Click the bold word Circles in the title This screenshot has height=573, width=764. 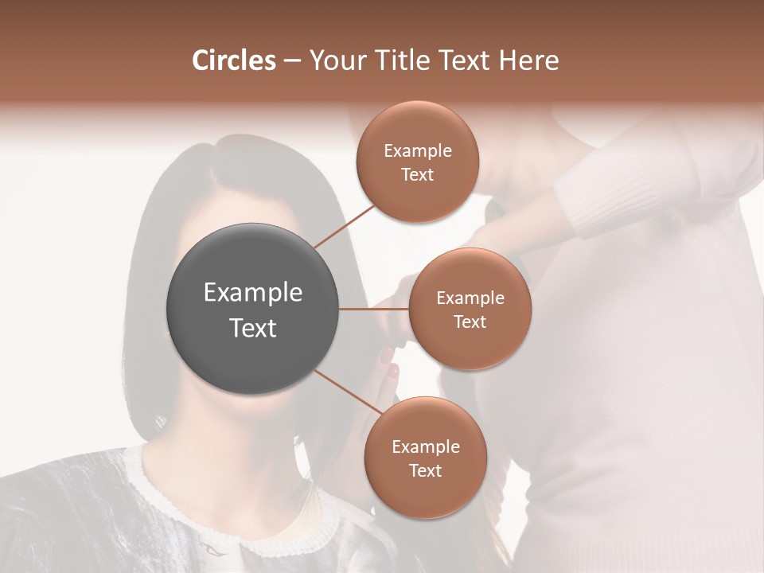tap(234, 60)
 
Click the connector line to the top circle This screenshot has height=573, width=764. tap(345, 226)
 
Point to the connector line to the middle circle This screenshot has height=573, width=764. tap(374, 309)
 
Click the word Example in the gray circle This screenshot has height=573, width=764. tap(253, 293)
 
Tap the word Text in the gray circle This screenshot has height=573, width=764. tap(253, 328)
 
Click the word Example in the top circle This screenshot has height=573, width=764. tap(417, 151)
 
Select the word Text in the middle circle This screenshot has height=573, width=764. tap(470, 322)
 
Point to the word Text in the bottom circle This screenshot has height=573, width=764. tap(425, 470)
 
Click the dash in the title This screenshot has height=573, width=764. tap(292, 61)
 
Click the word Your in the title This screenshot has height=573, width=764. tap(335, 60)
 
